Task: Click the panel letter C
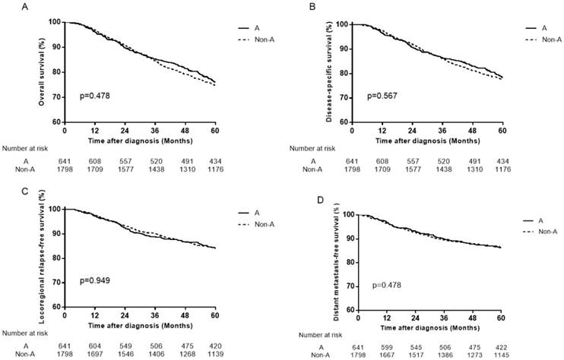click(6, 191)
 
